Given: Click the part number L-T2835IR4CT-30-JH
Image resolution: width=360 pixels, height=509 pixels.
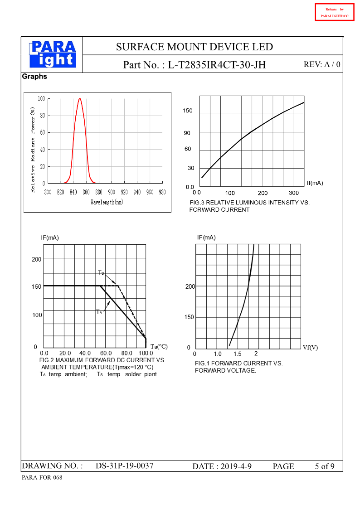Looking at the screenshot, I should (217, 65).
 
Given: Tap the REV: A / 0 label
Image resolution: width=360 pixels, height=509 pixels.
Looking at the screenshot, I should (321, 64).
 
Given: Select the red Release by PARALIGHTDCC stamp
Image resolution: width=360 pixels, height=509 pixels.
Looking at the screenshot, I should (334, 13).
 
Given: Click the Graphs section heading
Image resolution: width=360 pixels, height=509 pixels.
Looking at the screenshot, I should (34, 77).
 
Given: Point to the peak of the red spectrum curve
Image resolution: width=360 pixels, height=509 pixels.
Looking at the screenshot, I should (80, 99).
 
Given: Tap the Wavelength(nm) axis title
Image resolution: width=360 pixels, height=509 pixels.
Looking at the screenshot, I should (107, 202).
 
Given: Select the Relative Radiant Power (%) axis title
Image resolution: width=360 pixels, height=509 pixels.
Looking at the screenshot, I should (33, 150).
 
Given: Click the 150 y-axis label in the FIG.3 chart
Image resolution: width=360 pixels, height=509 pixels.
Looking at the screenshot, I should (188, 111).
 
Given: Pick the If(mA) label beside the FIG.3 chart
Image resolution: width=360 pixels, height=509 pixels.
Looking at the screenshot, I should (315, 183).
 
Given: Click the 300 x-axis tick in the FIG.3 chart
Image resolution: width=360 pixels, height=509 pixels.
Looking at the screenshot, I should (294, 193).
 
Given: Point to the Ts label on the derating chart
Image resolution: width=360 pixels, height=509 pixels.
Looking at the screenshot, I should (102, 272).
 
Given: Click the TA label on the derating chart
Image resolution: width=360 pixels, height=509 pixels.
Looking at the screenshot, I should (99, 312).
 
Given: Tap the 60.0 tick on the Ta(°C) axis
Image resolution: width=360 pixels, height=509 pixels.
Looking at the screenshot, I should (106, 353).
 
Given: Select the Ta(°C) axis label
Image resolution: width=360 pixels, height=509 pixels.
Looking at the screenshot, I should (159, 347).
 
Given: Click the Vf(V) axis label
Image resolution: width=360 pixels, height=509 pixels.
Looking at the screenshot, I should (310, 347).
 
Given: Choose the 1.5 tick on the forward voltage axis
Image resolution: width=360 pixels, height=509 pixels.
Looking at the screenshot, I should (237, 354).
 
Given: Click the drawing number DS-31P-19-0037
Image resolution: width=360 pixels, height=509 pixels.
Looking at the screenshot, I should (125, 466).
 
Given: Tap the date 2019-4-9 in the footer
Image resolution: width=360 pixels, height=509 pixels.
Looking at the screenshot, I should (232, 466).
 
